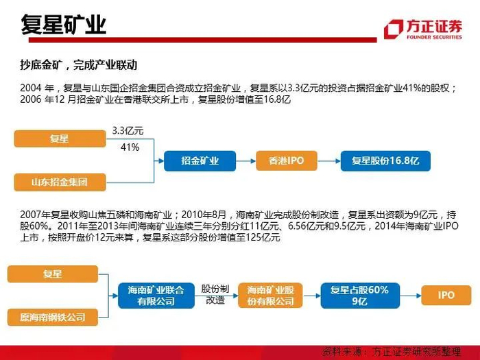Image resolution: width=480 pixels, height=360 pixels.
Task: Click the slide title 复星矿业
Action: (63, 25)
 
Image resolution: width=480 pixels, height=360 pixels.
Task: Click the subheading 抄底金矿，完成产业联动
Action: (79, 65)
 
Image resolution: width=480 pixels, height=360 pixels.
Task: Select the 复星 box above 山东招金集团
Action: (59, 139)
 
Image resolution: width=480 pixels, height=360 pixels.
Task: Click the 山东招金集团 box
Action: (59, 182)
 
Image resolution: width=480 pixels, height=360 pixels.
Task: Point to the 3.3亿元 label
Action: (128, 130)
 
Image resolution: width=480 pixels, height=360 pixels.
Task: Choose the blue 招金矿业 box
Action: (200, 161)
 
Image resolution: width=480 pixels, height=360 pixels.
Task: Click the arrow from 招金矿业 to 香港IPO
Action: (245, 161)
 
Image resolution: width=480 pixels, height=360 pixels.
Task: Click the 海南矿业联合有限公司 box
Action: (156, 296)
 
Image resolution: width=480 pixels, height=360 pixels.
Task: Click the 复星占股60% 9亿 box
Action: (359, 296)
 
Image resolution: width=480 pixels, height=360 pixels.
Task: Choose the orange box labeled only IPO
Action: (446, 296)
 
